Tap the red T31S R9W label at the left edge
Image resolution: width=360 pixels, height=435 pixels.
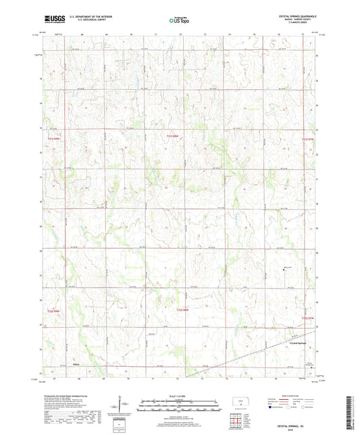tap(53, 138)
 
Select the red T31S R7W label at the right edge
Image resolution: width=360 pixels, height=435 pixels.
tap(307, 138)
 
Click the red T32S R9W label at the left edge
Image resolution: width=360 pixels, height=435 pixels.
tap(53, 311)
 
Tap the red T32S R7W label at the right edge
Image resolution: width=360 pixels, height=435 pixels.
tap(307, 317)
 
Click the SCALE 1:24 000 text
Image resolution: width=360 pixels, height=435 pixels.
tap(179, 396)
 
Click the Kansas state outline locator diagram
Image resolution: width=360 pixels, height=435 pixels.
tap(238, 403)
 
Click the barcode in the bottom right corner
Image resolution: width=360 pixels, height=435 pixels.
tap(349, 414)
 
